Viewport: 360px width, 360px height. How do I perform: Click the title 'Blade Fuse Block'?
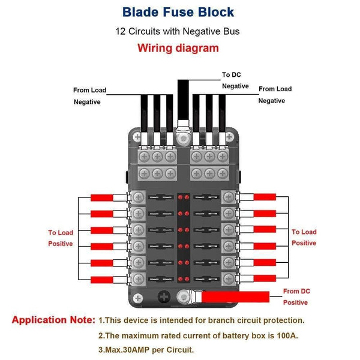click(x=178, y=12)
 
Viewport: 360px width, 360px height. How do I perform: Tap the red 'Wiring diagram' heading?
click(x=178, y=49)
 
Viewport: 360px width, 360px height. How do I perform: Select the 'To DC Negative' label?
click(x=235, y=80)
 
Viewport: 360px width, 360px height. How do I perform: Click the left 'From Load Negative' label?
click(x=89, y=96)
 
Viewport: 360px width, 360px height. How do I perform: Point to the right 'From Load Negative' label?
click(x=275, y=95)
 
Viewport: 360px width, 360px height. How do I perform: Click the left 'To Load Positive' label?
click(x=61, y=238)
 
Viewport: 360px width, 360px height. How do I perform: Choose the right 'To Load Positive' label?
click(x=304, y=237)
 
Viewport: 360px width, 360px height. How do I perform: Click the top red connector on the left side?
click(x=106, y=197)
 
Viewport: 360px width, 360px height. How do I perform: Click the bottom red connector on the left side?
click(x=106, y=279)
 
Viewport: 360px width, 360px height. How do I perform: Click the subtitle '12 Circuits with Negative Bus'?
click(x=178, y=31)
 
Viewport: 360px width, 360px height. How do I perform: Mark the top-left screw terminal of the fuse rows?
click(x=138, y=197)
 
